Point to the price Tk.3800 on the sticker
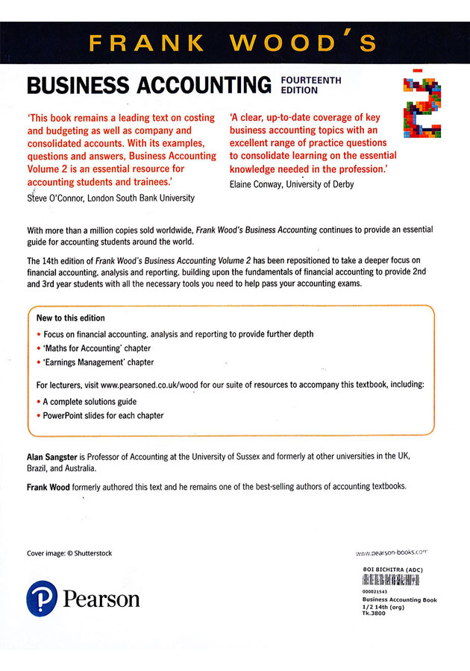(x=375, y=613)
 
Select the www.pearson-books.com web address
(x=391, y=554)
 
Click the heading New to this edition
(x=71, y=318)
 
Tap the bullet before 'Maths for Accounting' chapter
(x=39, y=348)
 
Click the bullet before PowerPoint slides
(x=39, y=415)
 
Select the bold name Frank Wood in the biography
(x=48, y=485)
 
